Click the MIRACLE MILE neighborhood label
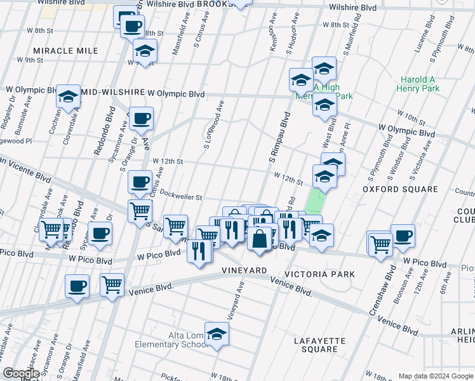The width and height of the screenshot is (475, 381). click(66, 50)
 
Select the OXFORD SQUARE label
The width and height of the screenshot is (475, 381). click(400, 189)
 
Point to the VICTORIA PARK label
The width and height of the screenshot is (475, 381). click(320, 274)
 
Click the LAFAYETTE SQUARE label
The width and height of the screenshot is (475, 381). click(320, 345)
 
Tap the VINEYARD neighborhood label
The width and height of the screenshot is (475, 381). click(244, 271)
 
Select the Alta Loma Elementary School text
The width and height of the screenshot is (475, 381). click(170, 340)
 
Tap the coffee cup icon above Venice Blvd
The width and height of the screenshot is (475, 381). click(77, 286)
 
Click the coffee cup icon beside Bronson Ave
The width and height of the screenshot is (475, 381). click(403, 236)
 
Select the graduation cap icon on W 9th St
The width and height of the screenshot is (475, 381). click(145, 50)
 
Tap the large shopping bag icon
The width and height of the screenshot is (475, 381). click(260, 239)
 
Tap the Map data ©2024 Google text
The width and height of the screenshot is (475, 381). click(435, 376)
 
